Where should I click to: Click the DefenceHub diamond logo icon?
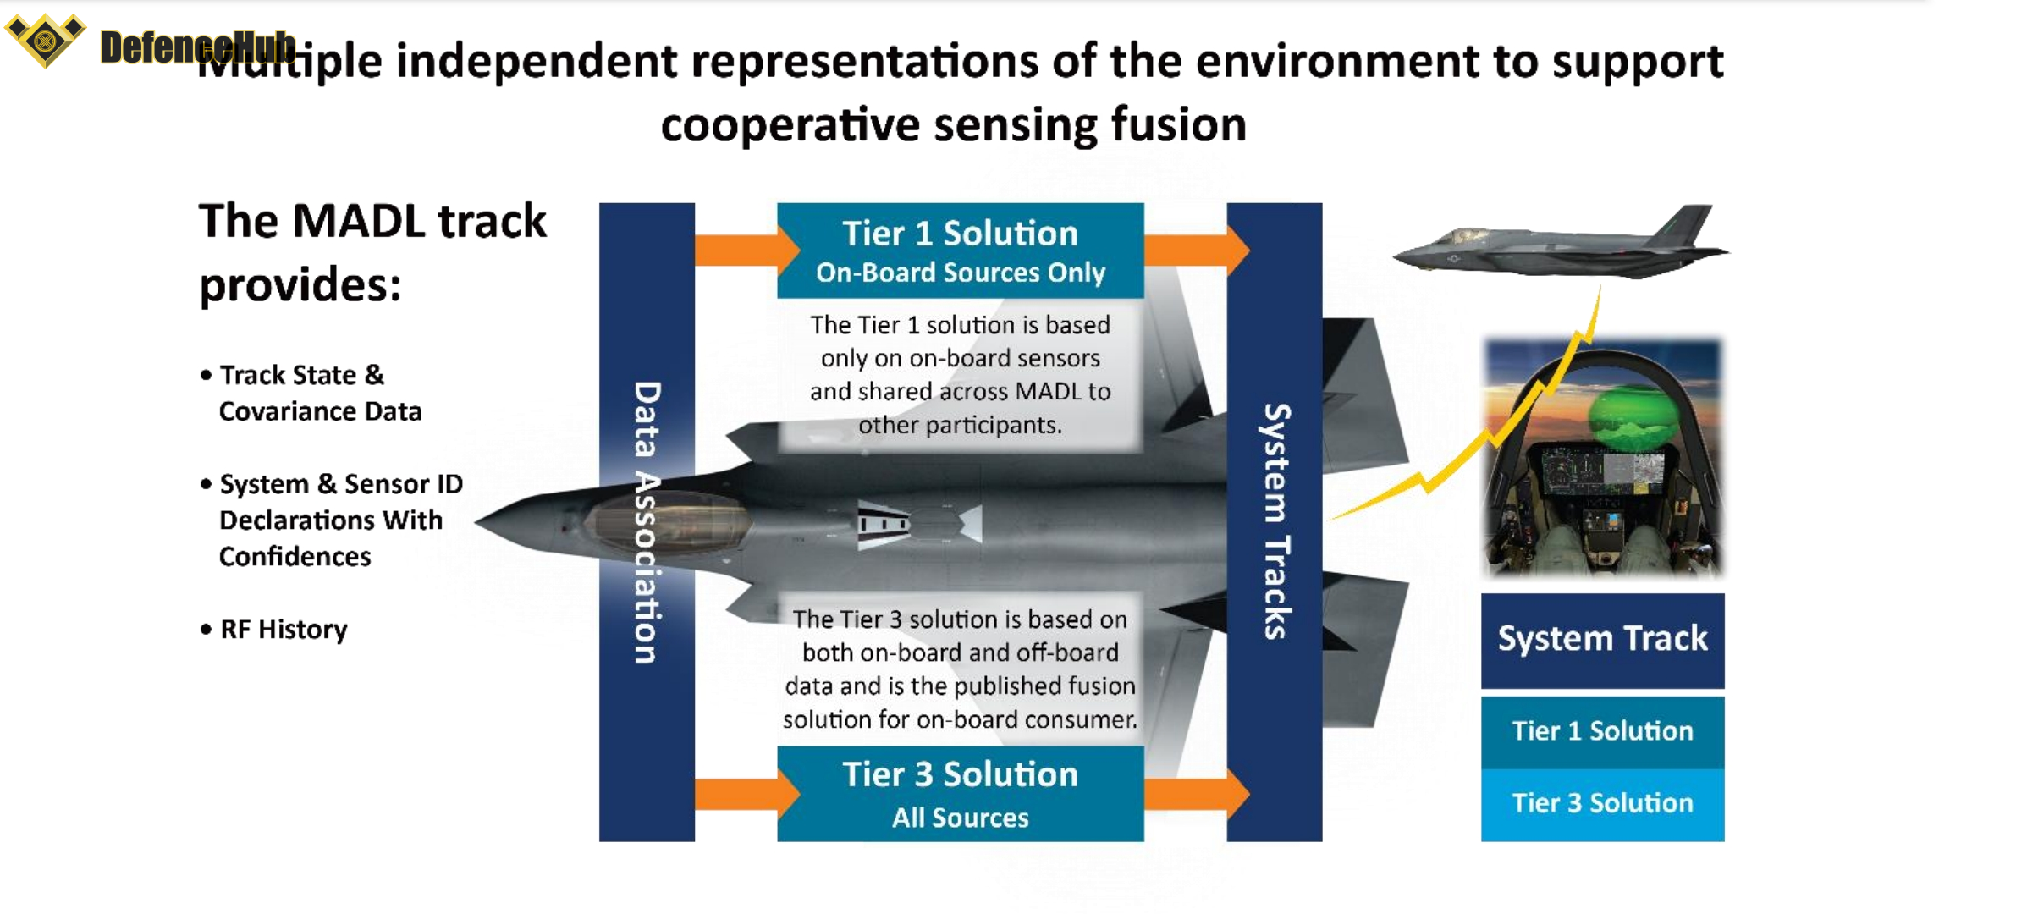(45, 39)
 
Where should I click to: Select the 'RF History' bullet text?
(284, 630)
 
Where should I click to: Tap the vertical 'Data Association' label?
(647, 522)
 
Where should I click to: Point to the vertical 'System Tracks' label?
(1275, 522)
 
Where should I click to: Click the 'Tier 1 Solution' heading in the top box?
(960, 234)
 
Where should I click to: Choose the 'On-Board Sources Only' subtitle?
(960, 273)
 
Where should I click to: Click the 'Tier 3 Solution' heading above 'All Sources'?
(960, 774)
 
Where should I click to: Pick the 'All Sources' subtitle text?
(960, 818)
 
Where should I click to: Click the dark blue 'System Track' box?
(1602, 640)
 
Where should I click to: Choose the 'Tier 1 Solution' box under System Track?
(1602, 731)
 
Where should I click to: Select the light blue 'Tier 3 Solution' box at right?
(1602, 803)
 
